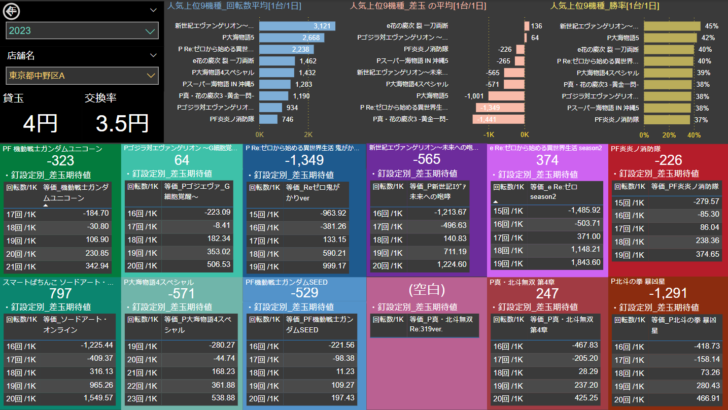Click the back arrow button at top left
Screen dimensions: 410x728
(x=11, y=11)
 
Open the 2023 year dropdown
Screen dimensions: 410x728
(x=82, y=30)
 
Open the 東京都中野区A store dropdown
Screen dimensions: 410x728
(x=82, y=76)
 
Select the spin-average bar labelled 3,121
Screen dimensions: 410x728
(x=297, y=26)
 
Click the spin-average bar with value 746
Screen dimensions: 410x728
(x=268, y=119)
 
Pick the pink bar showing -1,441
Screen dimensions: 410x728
(x=498, y=119)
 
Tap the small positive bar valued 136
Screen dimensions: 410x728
(x=527, y=26)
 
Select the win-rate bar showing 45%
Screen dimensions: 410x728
(x=672, y=26)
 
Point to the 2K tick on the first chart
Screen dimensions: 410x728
(x=308, y=135)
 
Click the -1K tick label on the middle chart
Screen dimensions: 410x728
(x=488, y=135)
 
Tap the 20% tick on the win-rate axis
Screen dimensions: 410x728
(x=669, y=135)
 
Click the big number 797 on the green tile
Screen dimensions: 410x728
(x=60, y=294)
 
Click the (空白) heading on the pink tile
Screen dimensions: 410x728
(x=427, y=290)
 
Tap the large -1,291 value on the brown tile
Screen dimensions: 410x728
(x=668, y=293)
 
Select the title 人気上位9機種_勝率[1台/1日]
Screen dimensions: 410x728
(x=605, y=6)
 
